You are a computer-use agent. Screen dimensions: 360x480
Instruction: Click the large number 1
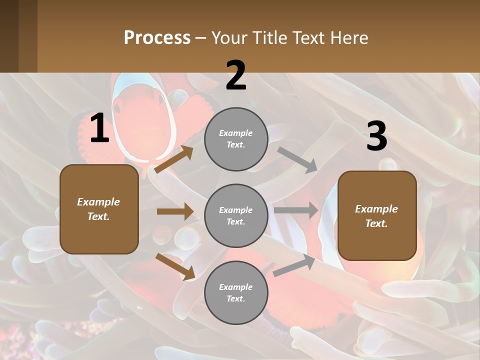pos(99,128)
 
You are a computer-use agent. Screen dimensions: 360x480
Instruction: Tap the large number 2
pos(236,76)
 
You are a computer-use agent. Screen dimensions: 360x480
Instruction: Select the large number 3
pos(376,136)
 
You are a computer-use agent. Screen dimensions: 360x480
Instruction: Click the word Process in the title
pos(157,38)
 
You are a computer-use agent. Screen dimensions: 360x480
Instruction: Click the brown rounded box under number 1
pos(99,209)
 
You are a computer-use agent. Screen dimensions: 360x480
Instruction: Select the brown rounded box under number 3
pos(377,215)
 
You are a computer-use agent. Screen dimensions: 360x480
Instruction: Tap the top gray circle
pos(236,139)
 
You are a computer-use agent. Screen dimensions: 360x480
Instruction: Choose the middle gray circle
pos(236,215)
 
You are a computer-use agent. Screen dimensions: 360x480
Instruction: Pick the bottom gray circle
pos(236,292)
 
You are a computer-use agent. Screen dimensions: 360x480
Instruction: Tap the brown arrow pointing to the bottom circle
pos(175,266)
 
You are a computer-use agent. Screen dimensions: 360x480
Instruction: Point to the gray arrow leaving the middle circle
pos(296,210)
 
